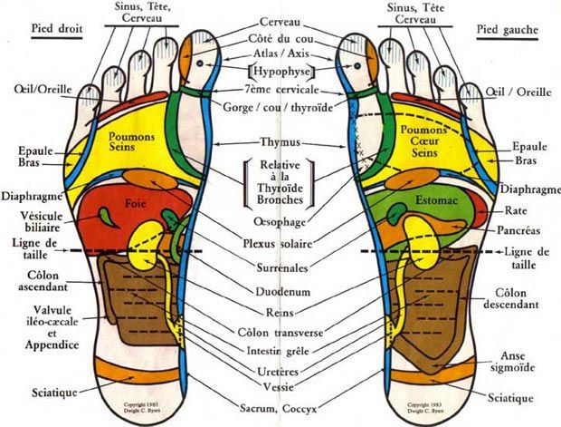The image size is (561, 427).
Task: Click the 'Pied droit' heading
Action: click(57, 28)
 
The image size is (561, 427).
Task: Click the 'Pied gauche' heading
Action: click(506, 29)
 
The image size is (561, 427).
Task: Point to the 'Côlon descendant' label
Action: click(522, 299)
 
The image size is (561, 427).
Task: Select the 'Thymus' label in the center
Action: click(280, 142)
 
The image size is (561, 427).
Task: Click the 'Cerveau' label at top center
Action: click(280, 20)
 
